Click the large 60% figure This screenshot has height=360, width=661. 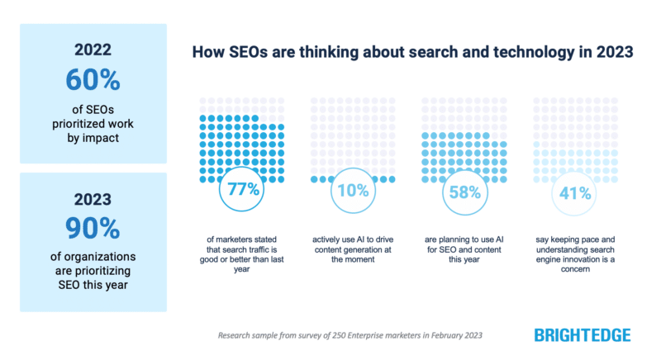(93, 79)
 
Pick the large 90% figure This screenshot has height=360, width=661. (93, 228)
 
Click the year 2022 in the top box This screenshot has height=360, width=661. (93, 48)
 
